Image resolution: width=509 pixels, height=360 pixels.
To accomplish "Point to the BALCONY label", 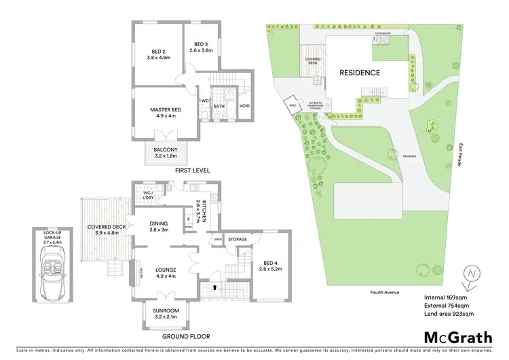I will (x=166, y=152).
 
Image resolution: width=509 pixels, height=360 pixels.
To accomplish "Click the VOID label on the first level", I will (x=245, y=106).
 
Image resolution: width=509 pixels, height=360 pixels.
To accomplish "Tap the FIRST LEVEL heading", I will (x=192, y=170).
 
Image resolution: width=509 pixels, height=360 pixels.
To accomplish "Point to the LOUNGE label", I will (x=166, y=272).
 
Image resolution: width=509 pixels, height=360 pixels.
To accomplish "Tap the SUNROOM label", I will (x=166, y=313).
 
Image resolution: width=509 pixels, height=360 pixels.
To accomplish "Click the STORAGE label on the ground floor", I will (x=238, y=239).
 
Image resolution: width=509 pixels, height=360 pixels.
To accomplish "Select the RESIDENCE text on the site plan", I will (x=360, y=73).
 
